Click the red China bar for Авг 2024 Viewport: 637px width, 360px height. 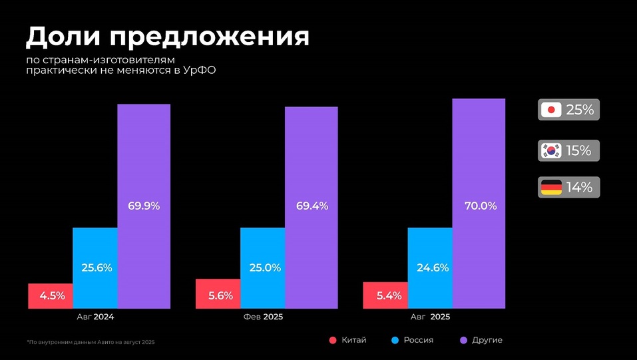tap(50, 296)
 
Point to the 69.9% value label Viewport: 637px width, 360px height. tap(144, 206)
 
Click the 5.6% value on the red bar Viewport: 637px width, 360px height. tap(217, 296)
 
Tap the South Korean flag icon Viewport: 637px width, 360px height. tap(551, 150)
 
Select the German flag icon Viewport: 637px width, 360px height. tap(551, 188)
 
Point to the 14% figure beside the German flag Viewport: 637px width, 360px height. tap(579, 188)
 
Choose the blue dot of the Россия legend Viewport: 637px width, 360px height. tap(395, 341)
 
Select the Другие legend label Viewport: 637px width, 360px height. tap(487, 340)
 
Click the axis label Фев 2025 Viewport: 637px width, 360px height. tap(263, 317)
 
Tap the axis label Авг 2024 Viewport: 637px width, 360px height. tap(95, 317)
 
